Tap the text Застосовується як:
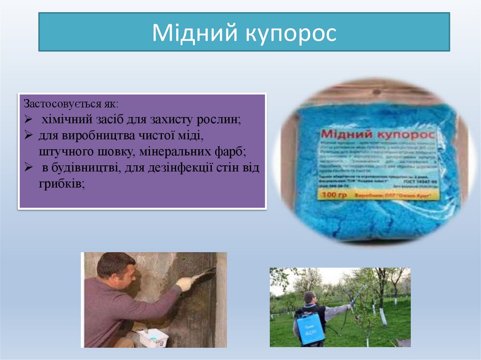71,103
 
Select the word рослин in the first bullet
222,119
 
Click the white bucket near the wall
153,337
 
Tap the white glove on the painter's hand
185,283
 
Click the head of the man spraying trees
309,297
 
